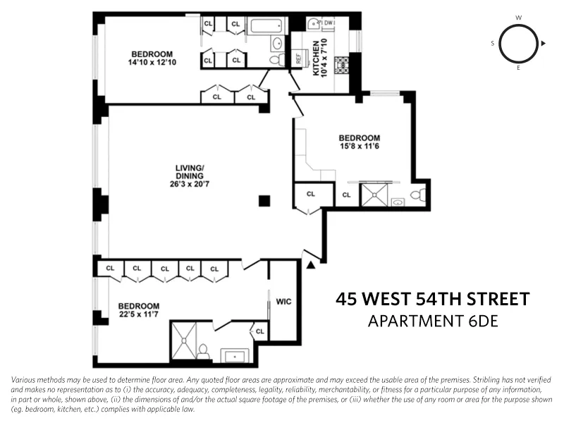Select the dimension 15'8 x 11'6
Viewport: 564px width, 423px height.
(359, 147)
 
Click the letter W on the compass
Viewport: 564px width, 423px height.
(518, 17)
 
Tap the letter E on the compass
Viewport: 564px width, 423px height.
(518, 68)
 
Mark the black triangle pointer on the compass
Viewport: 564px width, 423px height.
(543, 43)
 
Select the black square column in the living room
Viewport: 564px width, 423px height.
(264, 201)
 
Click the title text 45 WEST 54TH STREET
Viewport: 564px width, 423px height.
(432, 300)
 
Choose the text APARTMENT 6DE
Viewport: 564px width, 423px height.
(432, 321)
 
